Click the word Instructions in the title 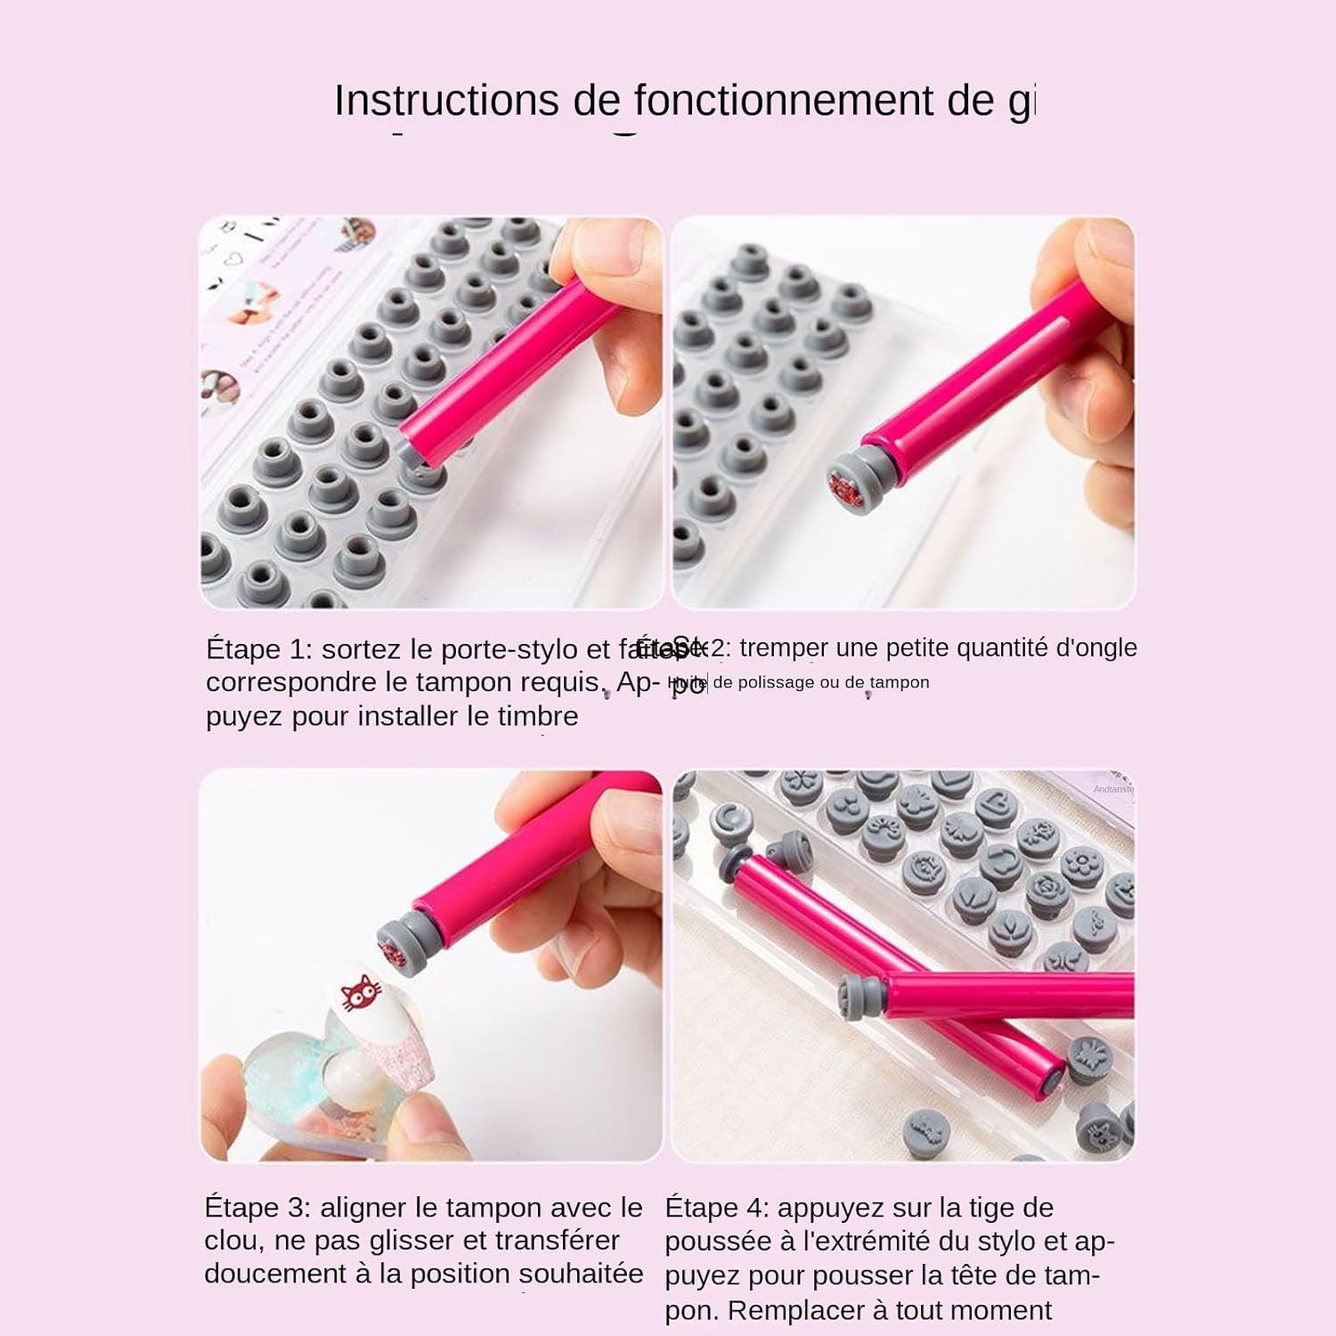pyautogui.click(x=446, y=100)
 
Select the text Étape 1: pyautogui.click(x=259, y=648)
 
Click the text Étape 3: pyautogui.click(x=257, y=1208)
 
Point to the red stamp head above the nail pyautogui.click(x=395, y=946)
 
